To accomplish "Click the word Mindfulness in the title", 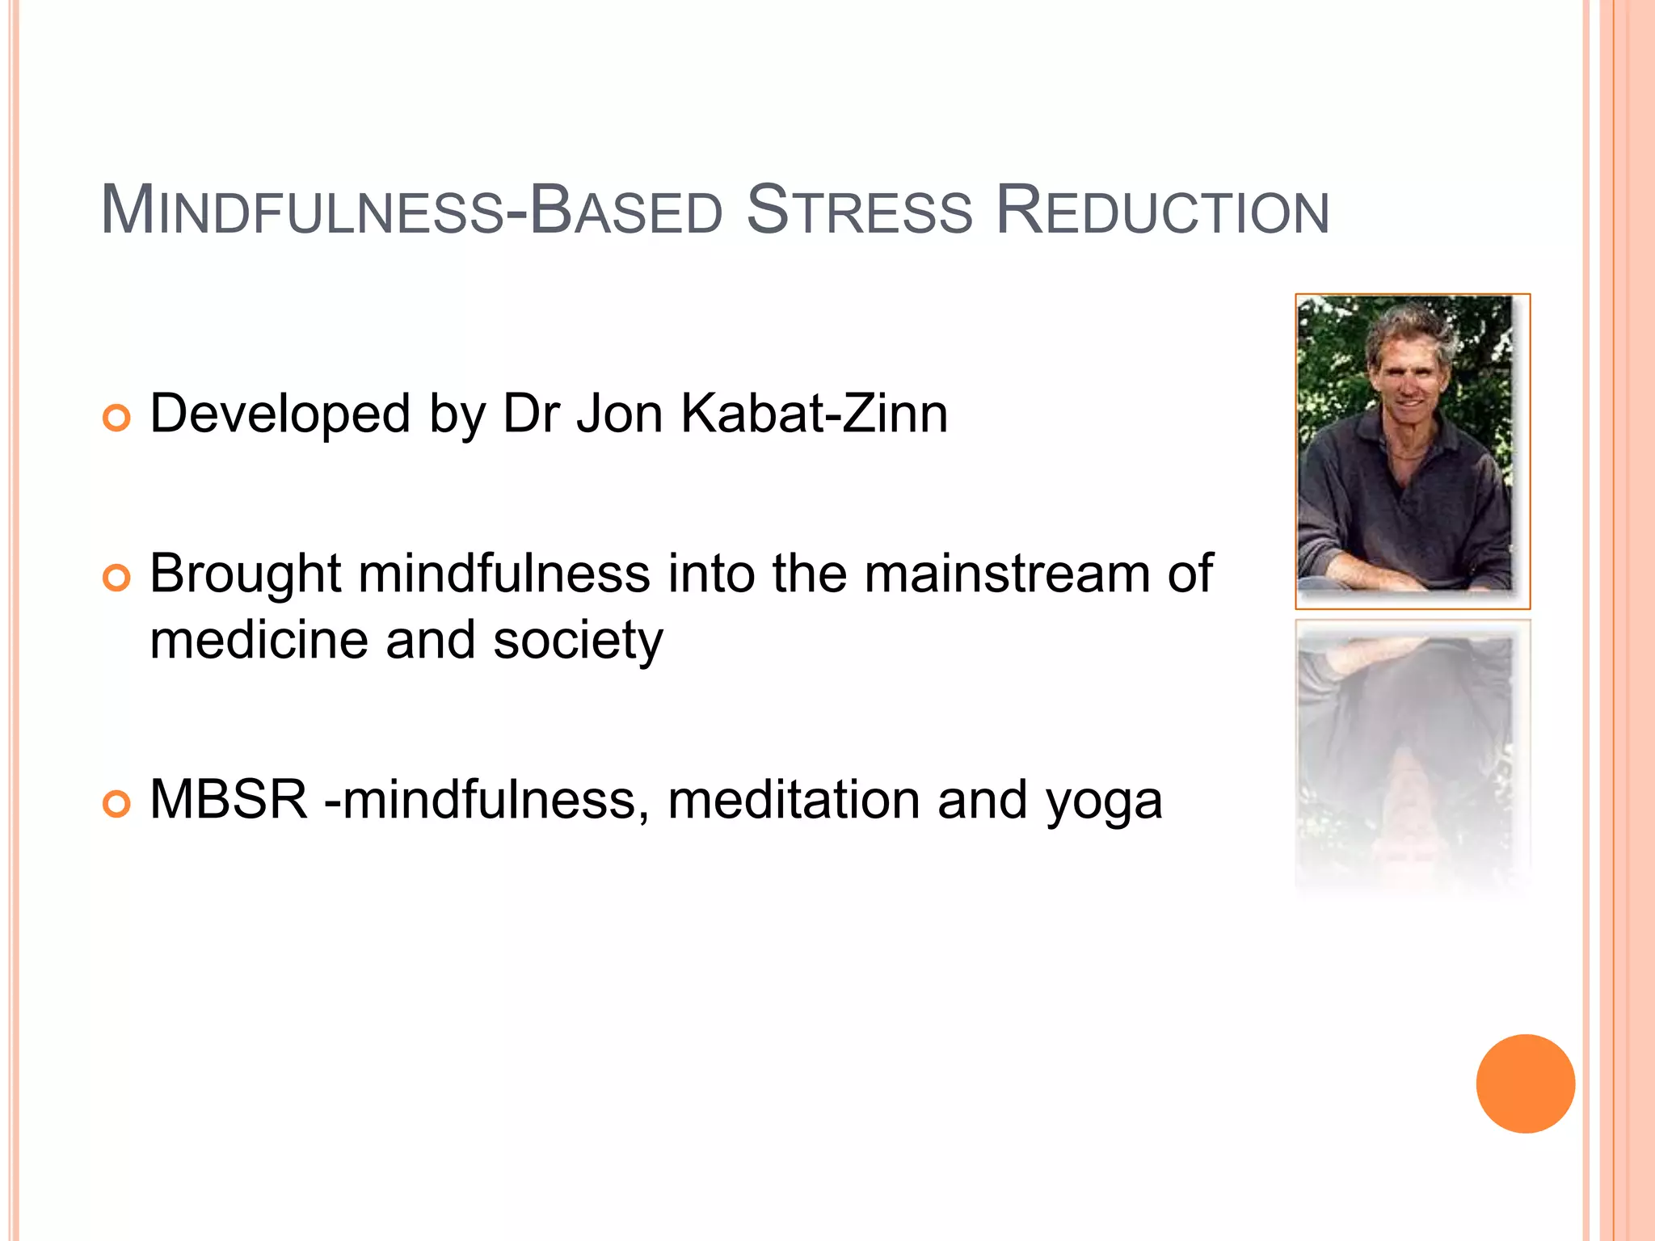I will (x=302, y=212).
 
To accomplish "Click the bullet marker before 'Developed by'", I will (x=116, y=419).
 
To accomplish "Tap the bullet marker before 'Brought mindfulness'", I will (x=116, y=578).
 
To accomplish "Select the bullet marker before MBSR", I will (x=116, y=804).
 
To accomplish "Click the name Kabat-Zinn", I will (x=814, y=414).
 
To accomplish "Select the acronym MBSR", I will (x=230, y=800).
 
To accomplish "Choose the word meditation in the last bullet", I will (x=794, y=800).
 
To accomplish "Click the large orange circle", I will (x=1525, y=1083).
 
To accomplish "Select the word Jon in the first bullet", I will (x=619, y=414).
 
